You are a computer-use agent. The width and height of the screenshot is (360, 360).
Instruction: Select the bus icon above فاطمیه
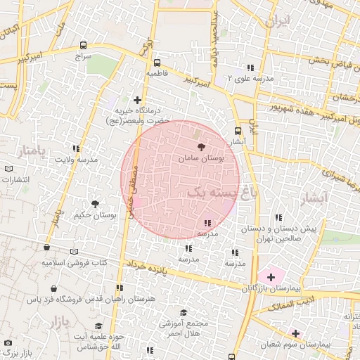pyautogui.click(x=156, y=62)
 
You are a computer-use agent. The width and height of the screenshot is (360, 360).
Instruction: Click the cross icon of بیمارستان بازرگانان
pyautogui.click(x=271, y=278)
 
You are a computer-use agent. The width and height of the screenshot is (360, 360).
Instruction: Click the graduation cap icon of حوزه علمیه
pyautogui.click(x=98, y=327)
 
